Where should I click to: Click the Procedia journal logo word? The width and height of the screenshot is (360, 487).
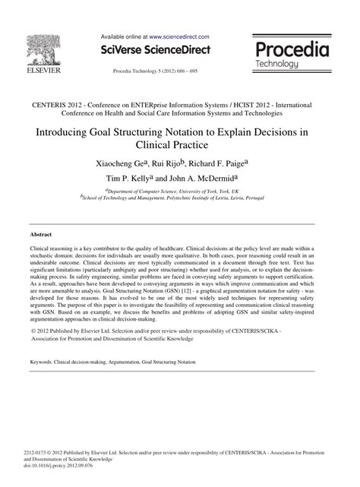tap(292, 50)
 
